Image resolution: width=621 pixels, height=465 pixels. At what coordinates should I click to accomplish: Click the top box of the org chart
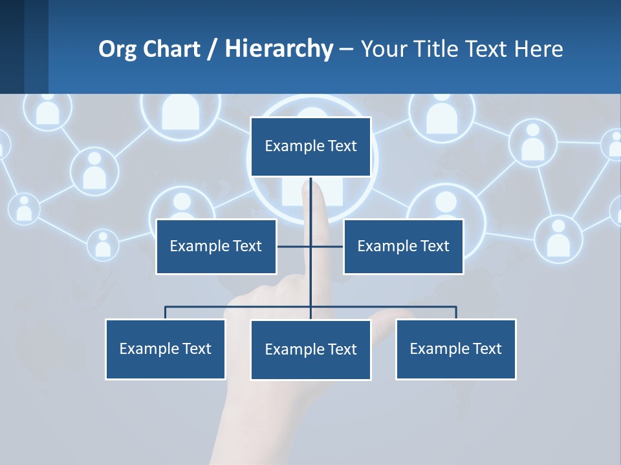(x=310, y=147)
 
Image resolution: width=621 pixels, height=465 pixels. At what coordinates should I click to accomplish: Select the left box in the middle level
(x=216, y=247)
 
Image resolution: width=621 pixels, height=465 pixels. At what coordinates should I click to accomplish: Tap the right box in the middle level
(x=403, y=247)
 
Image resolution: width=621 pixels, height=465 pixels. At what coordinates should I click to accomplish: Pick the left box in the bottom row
(x=165, y=349)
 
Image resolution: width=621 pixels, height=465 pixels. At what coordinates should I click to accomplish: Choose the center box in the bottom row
(x=310, y=350)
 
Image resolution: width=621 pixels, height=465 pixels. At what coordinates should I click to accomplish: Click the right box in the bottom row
(x=455, y=349)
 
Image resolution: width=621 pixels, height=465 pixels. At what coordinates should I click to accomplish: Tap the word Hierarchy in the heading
(x=279, y=49)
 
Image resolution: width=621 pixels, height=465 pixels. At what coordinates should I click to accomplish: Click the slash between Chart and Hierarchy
(x=212, y=49)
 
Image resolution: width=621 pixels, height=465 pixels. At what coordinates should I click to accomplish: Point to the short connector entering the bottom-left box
(x=166, y=313)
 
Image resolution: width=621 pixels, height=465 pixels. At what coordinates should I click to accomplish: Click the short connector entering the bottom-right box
(x=456, y=313)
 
